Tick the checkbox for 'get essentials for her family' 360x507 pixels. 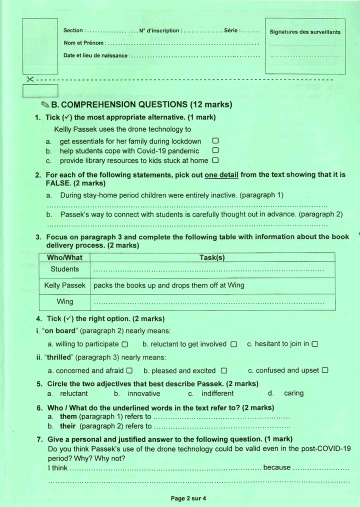click(215, 141)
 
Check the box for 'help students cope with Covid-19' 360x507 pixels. click(215, 150)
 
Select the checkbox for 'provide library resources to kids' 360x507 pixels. click(215, 160)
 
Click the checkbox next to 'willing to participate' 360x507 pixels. click(125, 344)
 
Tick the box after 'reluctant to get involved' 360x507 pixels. click(233, 344)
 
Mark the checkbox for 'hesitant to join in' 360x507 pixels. click(315, 344)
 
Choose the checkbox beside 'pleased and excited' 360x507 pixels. click(224, 371)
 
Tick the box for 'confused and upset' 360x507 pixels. click(325, 370)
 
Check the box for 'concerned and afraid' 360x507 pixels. click(129, 371)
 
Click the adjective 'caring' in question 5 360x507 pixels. click(293, 393)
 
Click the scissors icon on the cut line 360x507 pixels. click(30, 79)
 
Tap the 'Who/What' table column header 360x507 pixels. click(64, 258)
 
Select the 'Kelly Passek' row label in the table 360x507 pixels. click(65, 285)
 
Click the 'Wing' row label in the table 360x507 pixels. click(65, 301)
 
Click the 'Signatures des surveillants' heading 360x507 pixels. click(305, 32)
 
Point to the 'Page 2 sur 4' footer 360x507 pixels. click(188, 498)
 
